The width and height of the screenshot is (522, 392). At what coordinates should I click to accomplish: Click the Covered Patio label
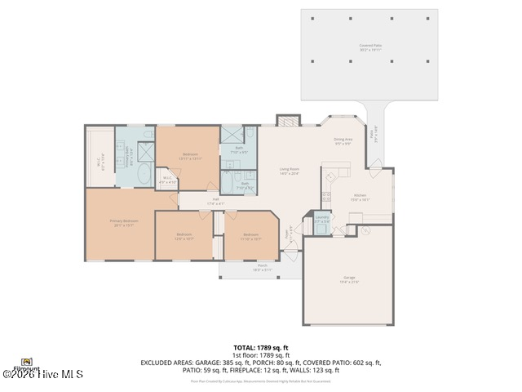click(x=370, y=47)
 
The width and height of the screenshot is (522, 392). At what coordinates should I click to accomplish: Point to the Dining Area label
click(x=343, y=141)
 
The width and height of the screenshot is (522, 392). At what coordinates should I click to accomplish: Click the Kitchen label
click(x=360, y=197)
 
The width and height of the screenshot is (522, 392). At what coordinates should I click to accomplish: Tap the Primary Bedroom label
click(x=124, y=221)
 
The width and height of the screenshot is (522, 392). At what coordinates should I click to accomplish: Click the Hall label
click(x=215, y=201)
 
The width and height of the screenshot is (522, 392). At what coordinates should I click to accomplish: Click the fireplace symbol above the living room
click(x=288, y=121)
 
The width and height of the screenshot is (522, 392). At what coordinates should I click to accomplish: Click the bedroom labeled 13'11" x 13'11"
click(x=189, y=155)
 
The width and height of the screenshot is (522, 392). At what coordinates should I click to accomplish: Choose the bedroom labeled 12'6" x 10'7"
click(x=184, y=236)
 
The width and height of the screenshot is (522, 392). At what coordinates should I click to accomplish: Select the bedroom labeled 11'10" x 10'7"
click(x=250, y=236)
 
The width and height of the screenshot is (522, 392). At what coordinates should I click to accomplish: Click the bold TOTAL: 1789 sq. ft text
click(x=261, y=347)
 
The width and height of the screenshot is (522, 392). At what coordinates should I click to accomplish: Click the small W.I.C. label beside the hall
click(x=166, y=180)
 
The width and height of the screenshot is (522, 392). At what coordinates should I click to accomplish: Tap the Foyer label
click(x=287, y=234)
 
